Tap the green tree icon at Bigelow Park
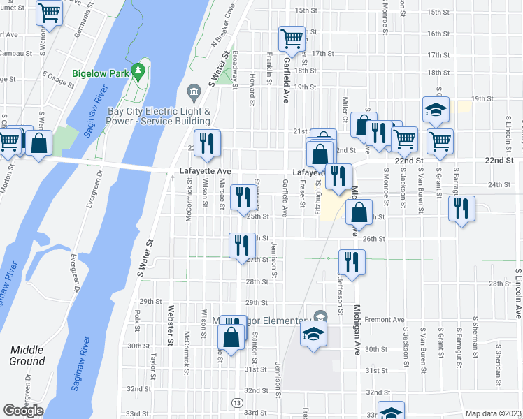pyautogui.click(x=139, y=71)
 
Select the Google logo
pyautogui.click(x=23, y=411)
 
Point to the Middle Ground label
pyautogui.click(x=27, y=355)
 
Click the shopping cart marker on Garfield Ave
pyautogui.click(x=291, y=38)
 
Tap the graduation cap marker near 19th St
pyautogui.click(x=436, y=110)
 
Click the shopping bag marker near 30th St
pyautogui.click(x=231, y=337)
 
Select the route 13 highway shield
pyautogui.click(x=238, y=404)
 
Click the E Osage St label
pyautogui.click(x=58, y=78)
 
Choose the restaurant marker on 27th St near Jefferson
pyautogui.click(x=350, y=262)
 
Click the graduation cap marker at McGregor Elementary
pyautogui.click(x=313, y=333)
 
